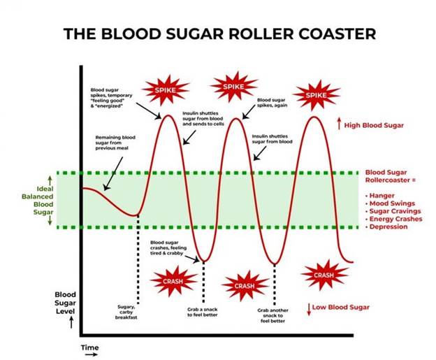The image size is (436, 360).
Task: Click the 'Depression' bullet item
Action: pos(388,227)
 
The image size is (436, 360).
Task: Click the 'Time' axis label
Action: pos(89,347)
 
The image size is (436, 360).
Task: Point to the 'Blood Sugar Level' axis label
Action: pos(65,303)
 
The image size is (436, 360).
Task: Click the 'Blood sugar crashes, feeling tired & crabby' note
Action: pos(168,250)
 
